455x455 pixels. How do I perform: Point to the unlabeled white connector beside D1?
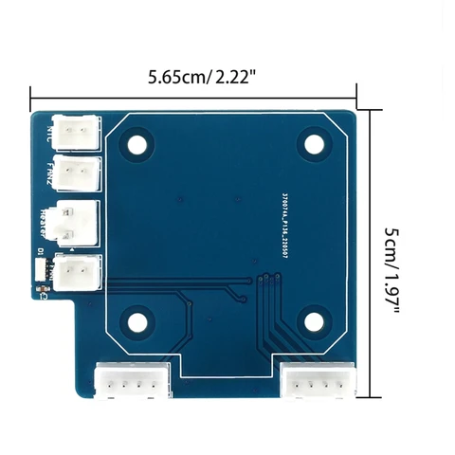tap(76, 274)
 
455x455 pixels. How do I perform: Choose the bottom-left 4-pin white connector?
tap(132, 383)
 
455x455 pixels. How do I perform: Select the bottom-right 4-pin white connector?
tap(319, 383)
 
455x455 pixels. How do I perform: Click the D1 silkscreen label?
tap(41, 251)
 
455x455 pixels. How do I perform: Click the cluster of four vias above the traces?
tap(267, 278)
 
